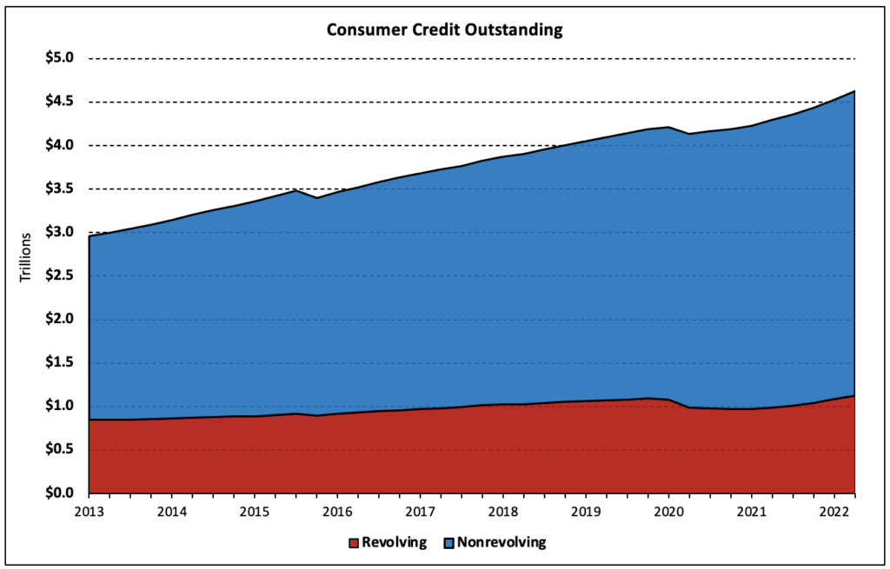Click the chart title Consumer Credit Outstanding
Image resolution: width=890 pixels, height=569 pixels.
pyautogui.click(x=444, y=30)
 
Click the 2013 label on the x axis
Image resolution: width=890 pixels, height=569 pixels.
pyautogui.click(x=90, y=511)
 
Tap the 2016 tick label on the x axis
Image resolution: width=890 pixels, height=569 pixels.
pyautogui.click(x=337, y=511)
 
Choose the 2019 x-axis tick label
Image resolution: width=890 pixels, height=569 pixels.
pyautogui.click(x=586, y=511)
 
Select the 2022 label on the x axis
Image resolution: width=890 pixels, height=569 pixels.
pyautogui.click(x=834, y=511)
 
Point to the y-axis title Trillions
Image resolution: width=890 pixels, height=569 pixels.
pyautogui.click(x=26, y=257)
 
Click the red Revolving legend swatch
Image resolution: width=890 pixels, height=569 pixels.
pyautogui.click(x=353, y=543)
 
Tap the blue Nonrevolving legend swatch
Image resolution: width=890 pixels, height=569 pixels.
pyautogui.click(x=448, y=543)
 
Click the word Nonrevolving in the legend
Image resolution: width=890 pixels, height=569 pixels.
pyautogui.click(x=501, y=543)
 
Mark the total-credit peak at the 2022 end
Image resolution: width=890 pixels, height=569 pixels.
pyautogui.click(x=855, y=91)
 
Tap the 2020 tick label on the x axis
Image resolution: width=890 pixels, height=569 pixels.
pyautogui.click(x=668, y=511)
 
